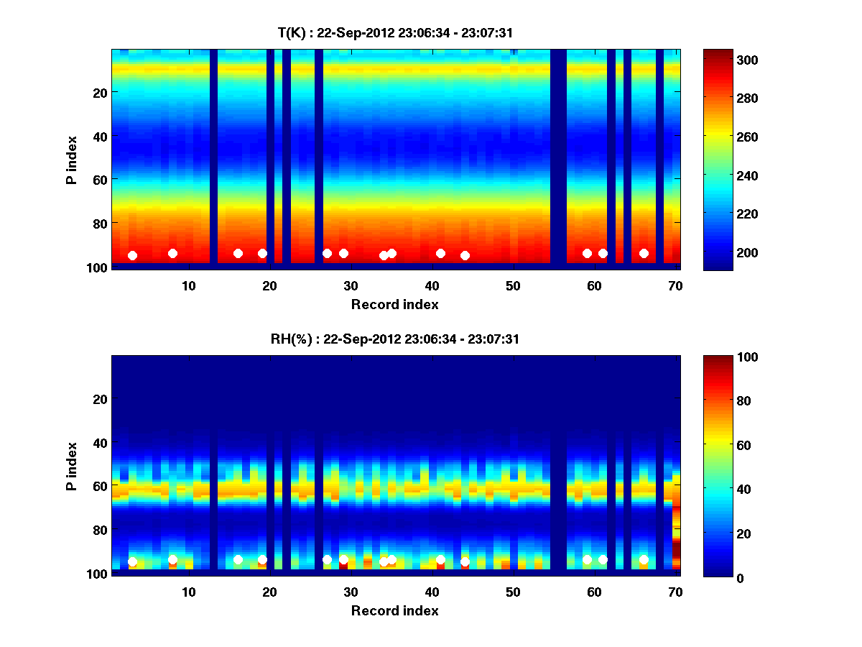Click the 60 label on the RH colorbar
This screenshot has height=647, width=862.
tap(726, 446)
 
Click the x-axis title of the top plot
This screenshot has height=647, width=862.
tap(395, 304)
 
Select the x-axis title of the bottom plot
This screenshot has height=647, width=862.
tap(395, 610)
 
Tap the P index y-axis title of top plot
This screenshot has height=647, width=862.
tap(72, 158)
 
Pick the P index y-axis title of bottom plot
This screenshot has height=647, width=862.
tap(72, 465)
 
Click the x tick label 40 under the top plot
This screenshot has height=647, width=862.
tap(432, 285)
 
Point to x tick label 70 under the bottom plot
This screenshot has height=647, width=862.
tap(675, 592)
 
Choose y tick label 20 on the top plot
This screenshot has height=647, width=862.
tap(100, 93)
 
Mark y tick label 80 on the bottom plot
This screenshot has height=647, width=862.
tap(100, 530)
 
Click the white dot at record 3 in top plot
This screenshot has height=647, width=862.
tap(132, 255)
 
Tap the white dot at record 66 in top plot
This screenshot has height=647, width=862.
tap(644, 253)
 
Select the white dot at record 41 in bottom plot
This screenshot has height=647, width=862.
tap(440, 559)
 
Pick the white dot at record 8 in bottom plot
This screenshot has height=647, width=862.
tap(172, 559)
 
